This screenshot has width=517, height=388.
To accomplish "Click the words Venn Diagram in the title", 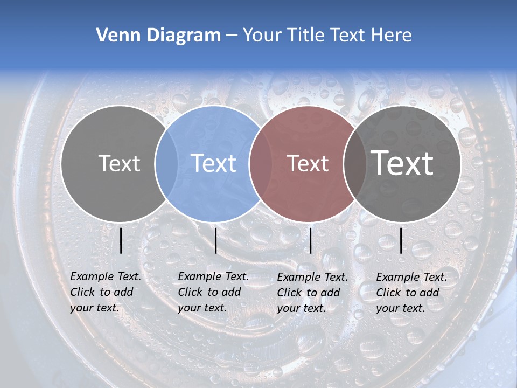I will click(158, 36).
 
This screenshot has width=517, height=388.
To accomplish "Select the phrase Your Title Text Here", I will click(327, 36).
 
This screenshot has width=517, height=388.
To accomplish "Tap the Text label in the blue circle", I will click(214, 163).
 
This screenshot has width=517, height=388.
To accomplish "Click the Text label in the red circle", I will click(308, 163).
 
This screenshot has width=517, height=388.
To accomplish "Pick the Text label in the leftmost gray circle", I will click(119, 163).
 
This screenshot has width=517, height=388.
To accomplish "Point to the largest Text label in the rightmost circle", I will click(402, 163).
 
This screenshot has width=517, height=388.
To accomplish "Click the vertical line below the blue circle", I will click(215, 240).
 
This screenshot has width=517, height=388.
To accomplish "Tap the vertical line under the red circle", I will click(311, 240).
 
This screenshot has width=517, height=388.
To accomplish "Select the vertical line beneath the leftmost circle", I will click(121, 240).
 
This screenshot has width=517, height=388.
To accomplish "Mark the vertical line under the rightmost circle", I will click(401, 240).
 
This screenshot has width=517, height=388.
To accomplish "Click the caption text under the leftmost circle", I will click(105, 292).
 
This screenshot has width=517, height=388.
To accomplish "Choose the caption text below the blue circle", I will click(213, 292).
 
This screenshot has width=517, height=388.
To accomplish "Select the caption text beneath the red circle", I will click(312, 293).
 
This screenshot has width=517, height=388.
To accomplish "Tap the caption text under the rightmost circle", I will click(411, 293).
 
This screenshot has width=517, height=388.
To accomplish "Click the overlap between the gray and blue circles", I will click(166, 163).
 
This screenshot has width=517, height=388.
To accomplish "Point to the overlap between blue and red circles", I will click(260, 163).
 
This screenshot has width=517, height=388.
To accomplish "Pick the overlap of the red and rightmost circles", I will click(354, 163).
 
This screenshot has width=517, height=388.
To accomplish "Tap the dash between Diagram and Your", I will click(231, 36).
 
